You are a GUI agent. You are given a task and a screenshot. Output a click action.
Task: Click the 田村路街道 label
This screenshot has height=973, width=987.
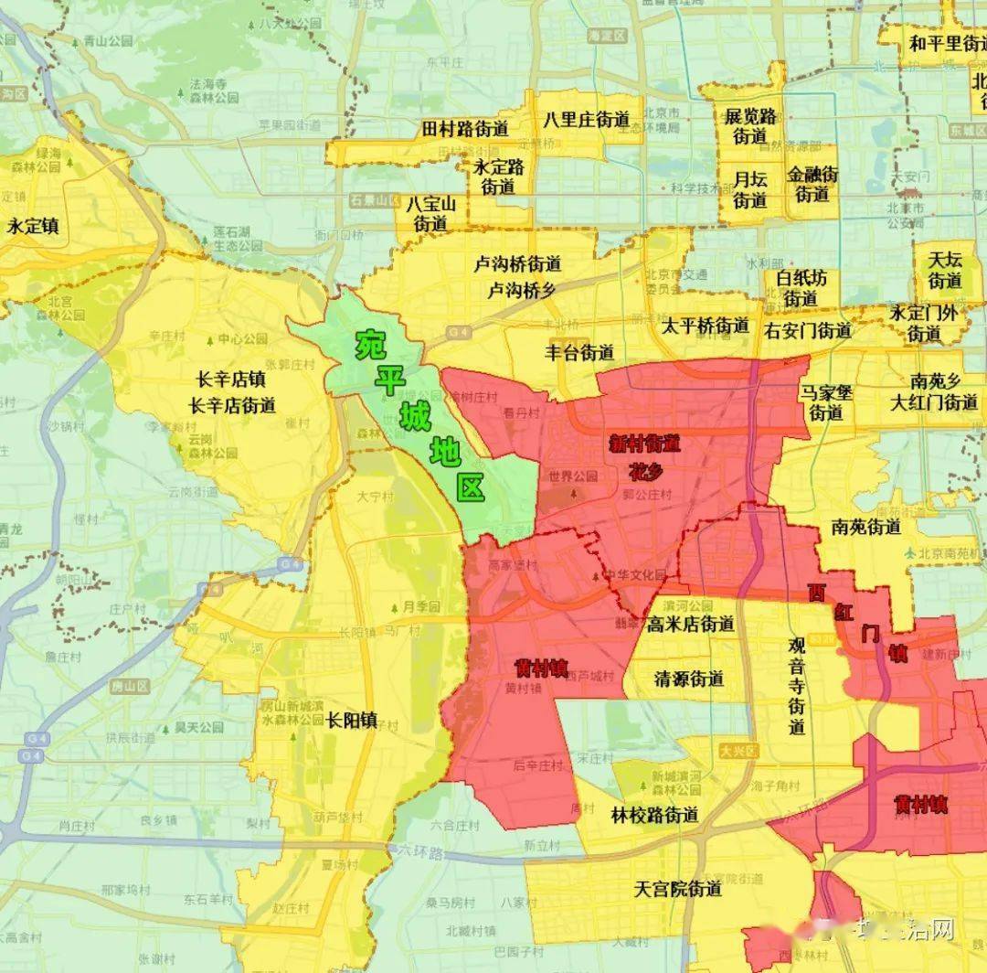pos(465,129)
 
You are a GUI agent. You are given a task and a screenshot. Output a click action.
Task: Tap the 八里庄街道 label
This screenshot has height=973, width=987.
pos(586,120)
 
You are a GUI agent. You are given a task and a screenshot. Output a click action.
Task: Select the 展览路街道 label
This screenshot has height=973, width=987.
pos(749,126)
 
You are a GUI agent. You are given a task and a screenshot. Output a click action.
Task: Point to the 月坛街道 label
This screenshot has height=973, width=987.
pos(749,188)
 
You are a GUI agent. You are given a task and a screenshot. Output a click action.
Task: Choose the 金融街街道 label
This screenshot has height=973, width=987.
pos(812,184)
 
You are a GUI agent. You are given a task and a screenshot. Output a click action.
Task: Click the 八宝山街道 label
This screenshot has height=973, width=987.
pos(432,213)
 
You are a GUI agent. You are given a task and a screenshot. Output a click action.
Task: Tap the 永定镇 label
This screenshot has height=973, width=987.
pos(33,225)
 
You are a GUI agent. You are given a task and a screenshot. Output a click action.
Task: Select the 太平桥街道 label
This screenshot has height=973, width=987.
pos(705,326)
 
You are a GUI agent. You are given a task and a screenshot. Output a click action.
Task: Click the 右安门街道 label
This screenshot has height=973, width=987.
pos(808,330)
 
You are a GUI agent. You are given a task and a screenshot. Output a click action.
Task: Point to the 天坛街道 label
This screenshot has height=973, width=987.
pos(945,270)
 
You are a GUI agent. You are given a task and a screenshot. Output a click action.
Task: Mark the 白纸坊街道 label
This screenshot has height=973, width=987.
pos(801,288)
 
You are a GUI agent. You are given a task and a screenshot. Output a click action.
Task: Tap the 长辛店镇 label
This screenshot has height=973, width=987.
pos(231,380)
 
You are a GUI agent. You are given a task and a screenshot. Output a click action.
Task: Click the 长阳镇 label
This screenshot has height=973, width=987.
pos(352,720)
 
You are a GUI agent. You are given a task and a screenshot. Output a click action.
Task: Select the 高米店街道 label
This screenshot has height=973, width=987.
pos(690,625)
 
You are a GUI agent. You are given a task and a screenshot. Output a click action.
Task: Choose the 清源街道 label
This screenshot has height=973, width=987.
pos(689,679)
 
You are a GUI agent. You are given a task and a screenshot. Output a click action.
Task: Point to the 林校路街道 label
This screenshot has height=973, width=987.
pos(655,815)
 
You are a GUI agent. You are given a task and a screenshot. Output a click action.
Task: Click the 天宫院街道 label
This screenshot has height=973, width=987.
pos(678,888)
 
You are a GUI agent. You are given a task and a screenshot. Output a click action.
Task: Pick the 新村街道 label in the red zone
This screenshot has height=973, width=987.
pos(646,444)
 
